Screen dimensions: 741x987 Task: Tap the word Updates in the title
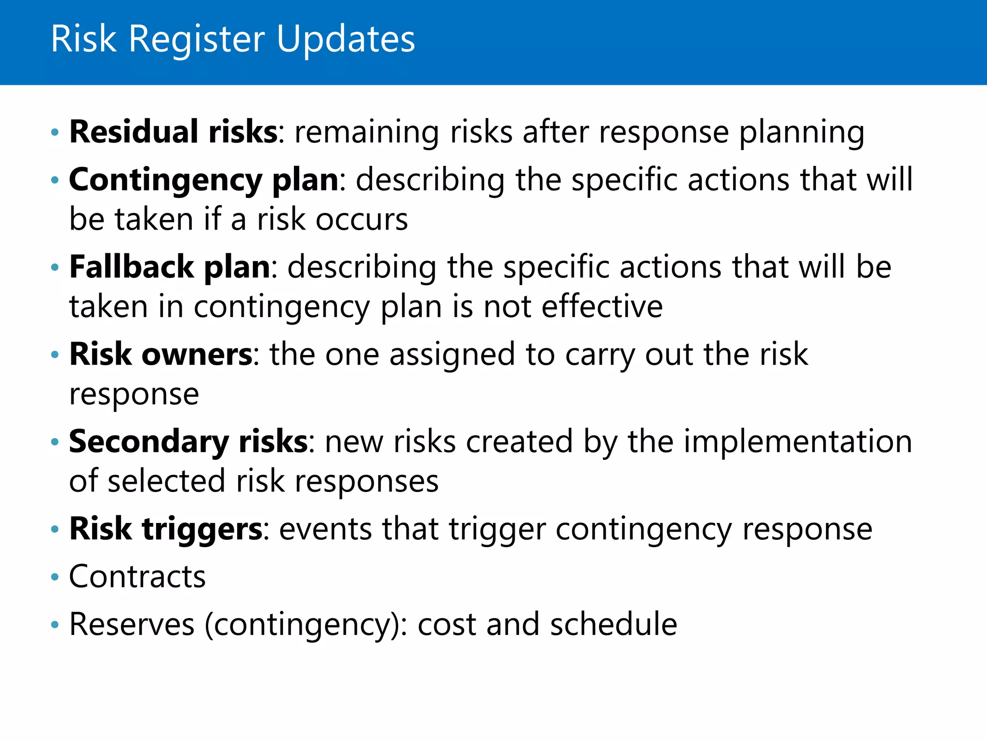(346, 40)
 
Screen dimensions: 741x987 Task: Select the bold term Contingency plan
(204, 180)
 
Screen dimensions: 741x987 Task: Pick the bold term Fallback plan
(170, 267)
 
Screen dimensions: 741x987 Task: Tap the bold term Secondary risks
(188, 441)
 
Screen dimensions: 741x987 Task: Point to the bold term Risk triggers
(166, 529)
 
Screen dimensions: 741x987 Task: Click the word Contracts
(137, 576)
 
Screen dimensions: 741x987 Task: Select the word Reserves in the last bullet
(132, 624)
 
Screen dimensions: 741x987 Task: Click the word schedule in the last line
(613, 624)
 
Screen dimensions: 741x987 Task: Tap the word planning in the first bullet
(801, 133)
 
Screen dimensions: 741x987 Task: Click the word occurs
(361, 220)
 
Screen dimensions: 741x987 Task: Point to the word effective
(602, 307)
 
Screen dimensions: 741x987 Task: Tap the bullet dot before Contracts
(55, 577)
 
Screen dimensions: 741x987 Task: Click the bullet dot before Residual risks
(55, 132)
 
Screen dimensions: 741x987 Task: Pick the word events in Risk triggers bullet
(325, 529)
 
